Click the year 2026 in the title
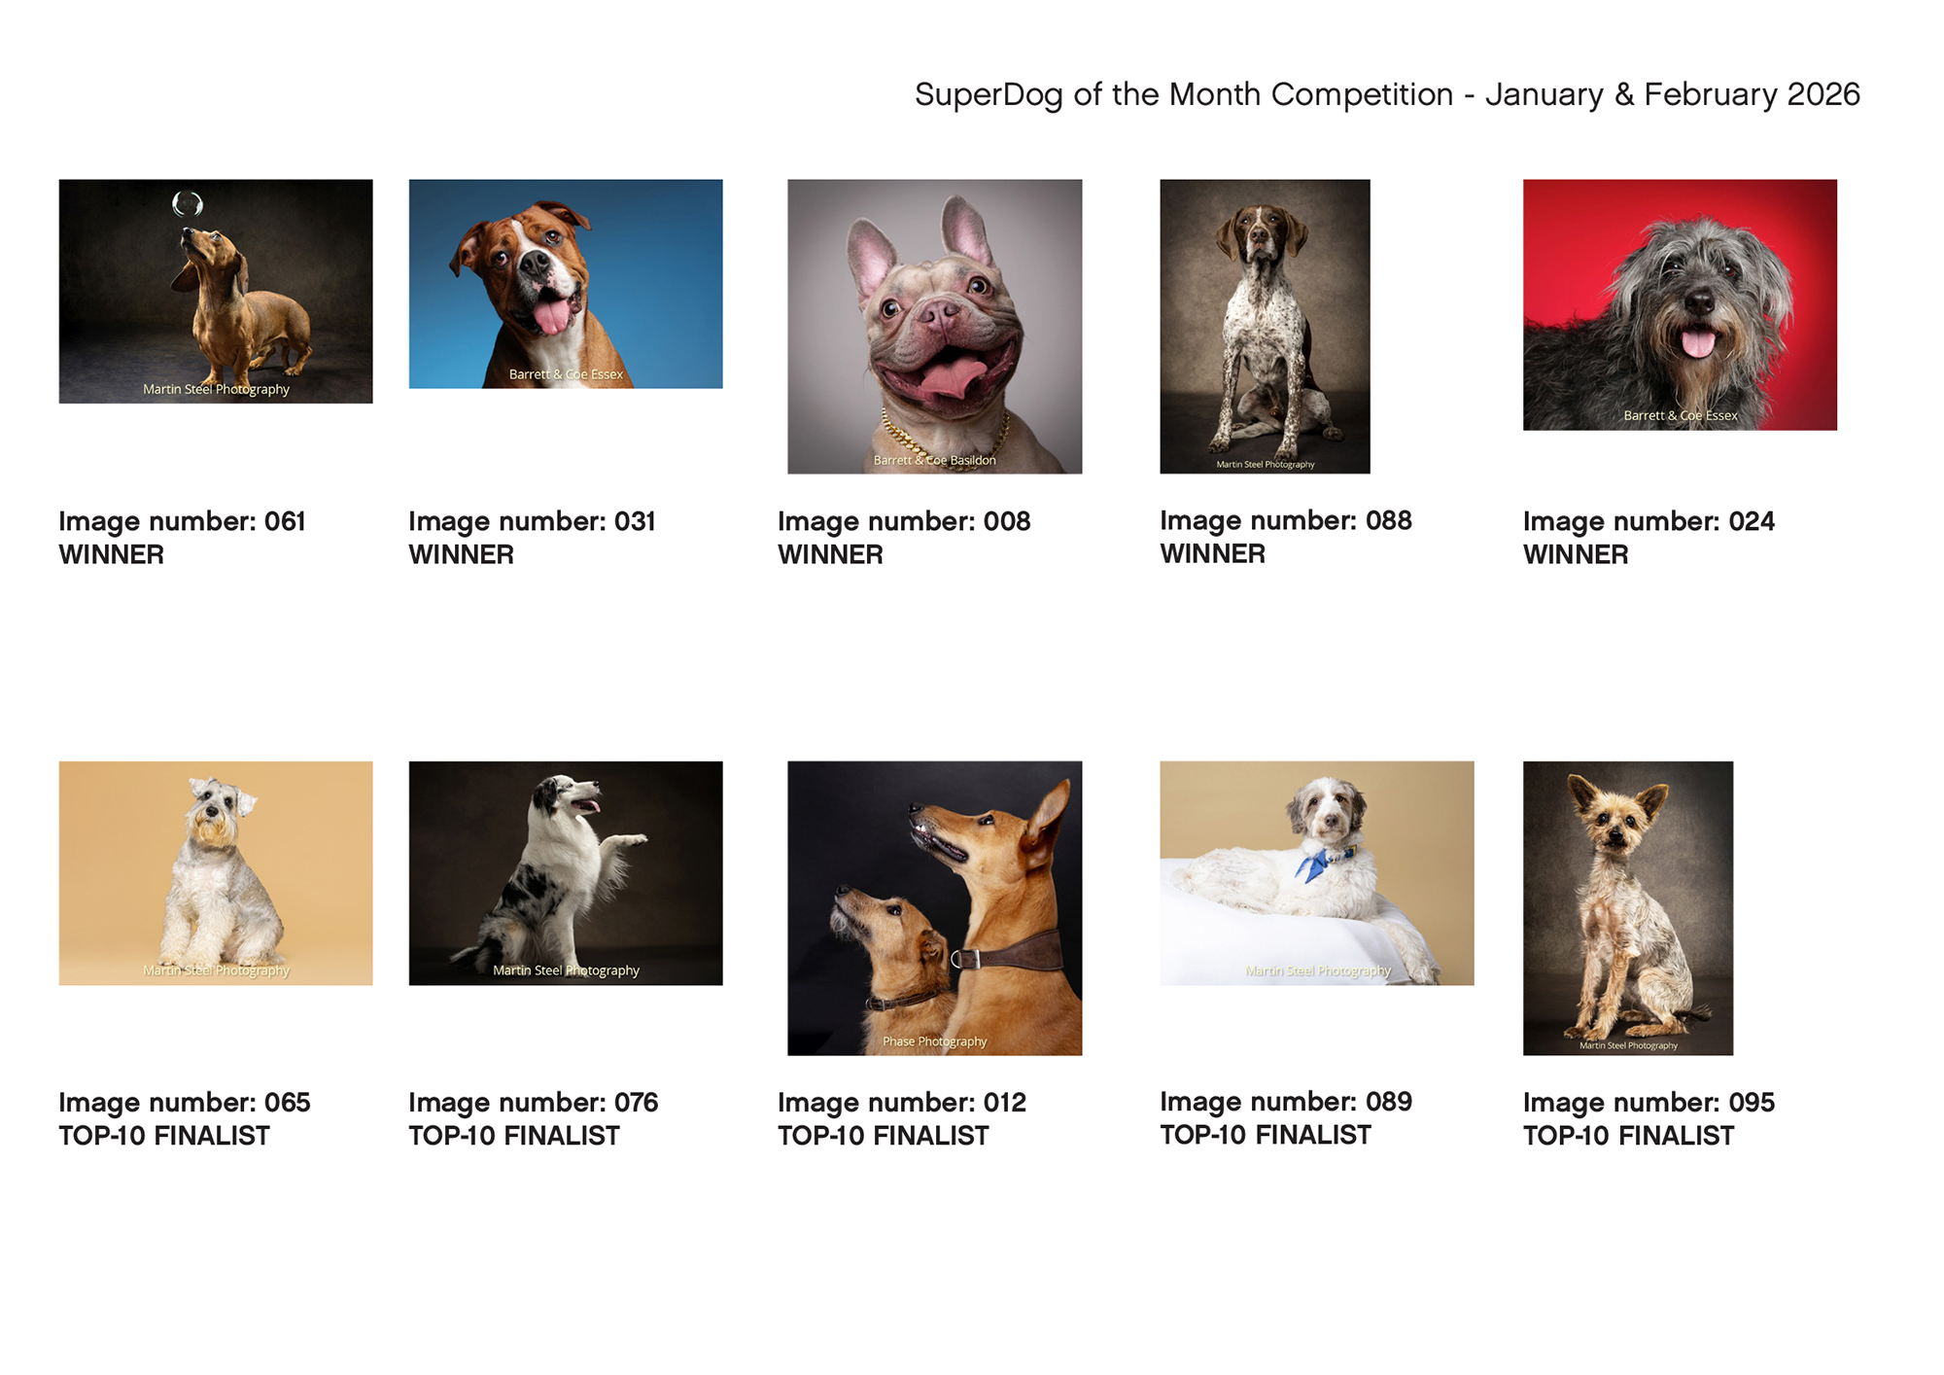click(x=1823, y=94)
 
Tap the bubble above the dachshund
click(x=187, y=203)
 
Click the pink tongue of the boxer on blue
click(x=552, y=316)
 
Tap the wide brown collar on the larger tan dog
click(x=1011, y=950)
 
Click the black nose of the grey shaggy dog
click(x=1699, y=302)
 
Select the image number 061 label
click(x=182, y=521)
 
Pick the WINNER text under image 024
click(x=1576, y=554)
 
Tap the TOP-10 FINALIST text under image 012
click(x=883, y=1136)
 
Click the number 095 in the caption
click(x=1752, y=1103)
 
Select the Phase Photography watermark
click(x=934, y=1041)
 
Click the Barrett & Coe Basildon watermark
click(x=934, y=460)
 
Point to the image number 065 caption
click(x=185, y=1103)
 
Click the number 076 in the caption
click(x=636, y=1103)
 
